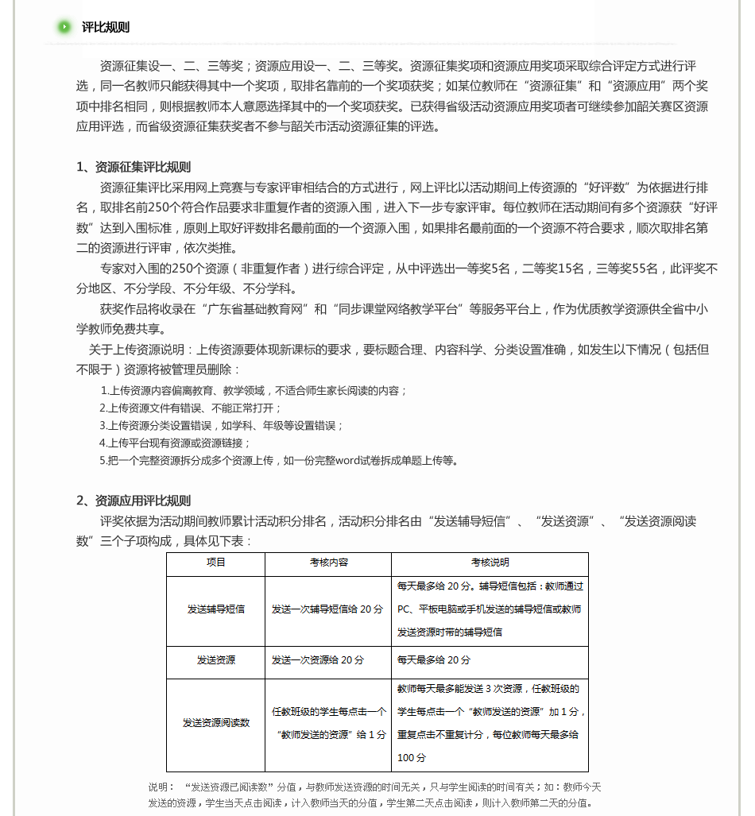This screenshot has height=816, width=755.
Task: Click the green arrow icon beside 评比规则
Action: coord(64,27)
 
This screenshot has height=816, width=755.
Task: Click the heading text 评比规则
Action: coord(106,27)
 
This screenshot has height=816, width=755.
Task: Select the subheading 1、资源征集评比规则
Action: coord(134,167)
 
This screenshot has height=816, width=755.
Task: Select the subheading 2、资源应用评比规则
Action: coord(134,501)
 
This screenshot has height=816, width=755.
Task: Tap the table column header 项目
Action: coord(215,563)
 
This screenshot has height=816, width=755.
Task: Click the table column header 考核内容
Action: coord(328,563)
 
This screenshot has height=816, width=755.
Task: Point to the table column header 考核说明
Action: coord(490,563)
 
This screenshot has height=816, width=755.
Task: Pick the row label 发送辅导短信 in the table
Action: coord(215,609)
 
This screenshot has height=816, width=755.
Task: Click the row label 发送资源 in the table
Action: coord(215,660)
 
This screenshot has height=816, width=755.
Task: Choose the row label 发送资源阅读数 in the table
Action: coord(215,723)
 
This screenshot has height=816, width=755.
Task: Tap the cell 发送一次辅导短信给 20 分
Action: coord(327,609)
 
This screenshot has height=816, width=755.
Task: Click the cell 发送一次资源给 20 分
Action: coord(318,660)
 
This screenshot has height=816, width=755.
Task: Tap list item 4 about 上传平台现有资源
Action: coord(175,443)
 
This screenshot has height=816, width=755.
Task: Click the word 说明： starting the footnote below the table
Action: coord(161,787)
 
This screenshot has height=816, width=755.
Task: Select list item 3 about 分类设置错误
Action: coord(221,425)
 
